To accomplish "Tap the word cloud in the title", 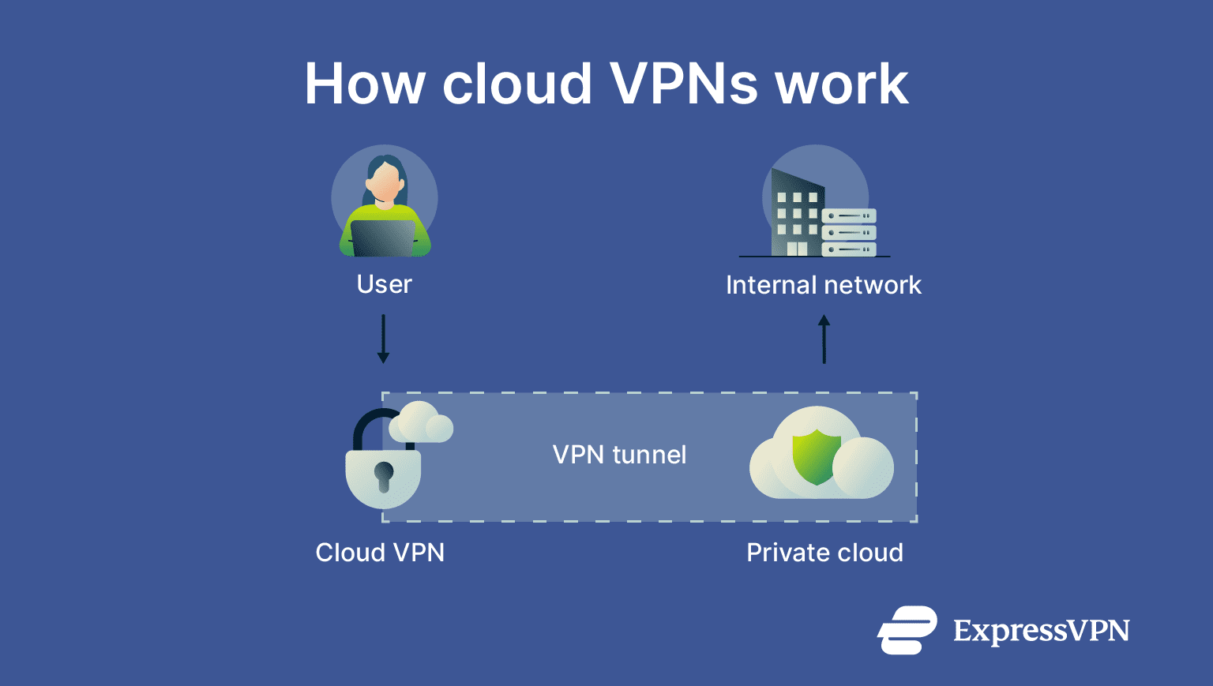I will click(517, 84).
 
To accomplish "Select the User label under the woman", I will click(385, 284).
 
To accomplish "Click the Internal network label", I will click(823, 285).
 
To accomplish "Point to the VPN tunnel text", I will click(619, 455).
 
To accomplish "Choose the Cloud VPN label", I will click(380, 553).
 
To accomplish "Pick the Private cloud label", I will click(824, 553).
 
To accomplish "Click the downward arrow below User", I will click(383, 339).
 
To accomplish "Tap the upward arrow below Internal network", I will click(824, 339).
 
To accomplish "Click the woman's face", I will click(385, 183).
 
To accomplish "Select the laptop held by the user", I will click(383, 238).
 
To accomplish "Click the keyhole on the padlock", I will click(384, 476).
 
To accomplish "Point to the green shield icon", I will click(816, 456).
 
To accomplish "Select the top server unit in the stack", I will click(849, 216).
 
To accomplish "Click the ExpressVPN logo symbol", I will click(907, 630).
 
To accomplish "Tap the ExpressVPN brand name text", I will click(1041, 631).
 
